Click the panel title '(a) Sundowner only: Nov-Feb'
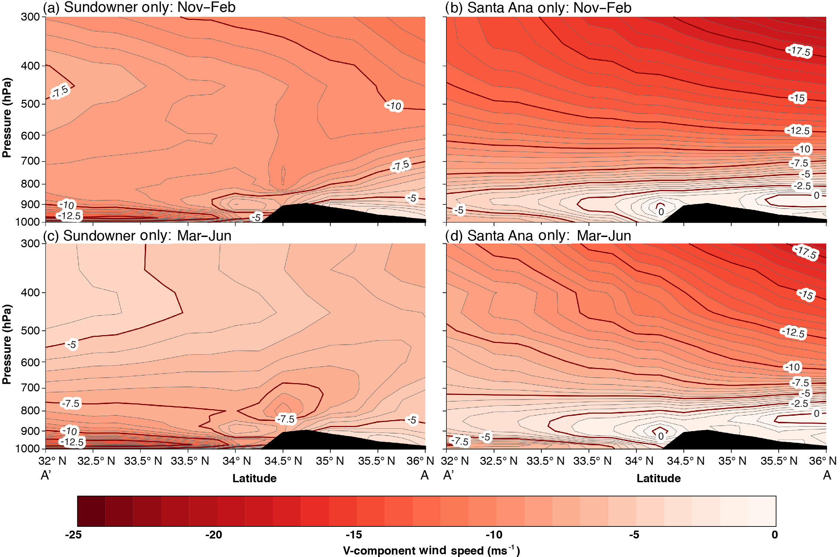[x=139, y=8]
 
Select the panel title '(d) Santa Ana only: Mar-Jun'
[x=538, y=236]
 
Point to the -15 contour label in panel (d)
[x=806, y=295]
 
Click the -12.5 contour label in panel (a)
[x=70, y=216]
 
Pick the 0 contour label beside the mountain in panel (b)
[x=661, y=212]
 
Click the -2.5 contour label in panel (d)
[x=800, y=404]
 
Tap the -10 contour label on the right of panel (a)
[x=394, y=106]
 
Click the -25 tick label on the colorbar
[x=73, y=535]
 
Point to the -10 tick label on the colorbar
[x=494, y=535]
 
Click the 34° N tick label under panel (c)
[x=236, y=461]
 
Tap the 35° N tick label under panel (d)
[x=732, y=461]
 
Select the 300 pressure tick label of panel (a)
[x=30, y=17]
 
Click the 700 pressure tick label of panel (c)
[x=30, y=388]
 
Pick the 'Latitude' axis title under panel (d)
[x=658, y=478]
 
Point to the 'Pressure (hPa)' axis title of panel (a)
[x=7, y=117]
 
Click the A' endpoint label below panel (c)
[x=46, y=475]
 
